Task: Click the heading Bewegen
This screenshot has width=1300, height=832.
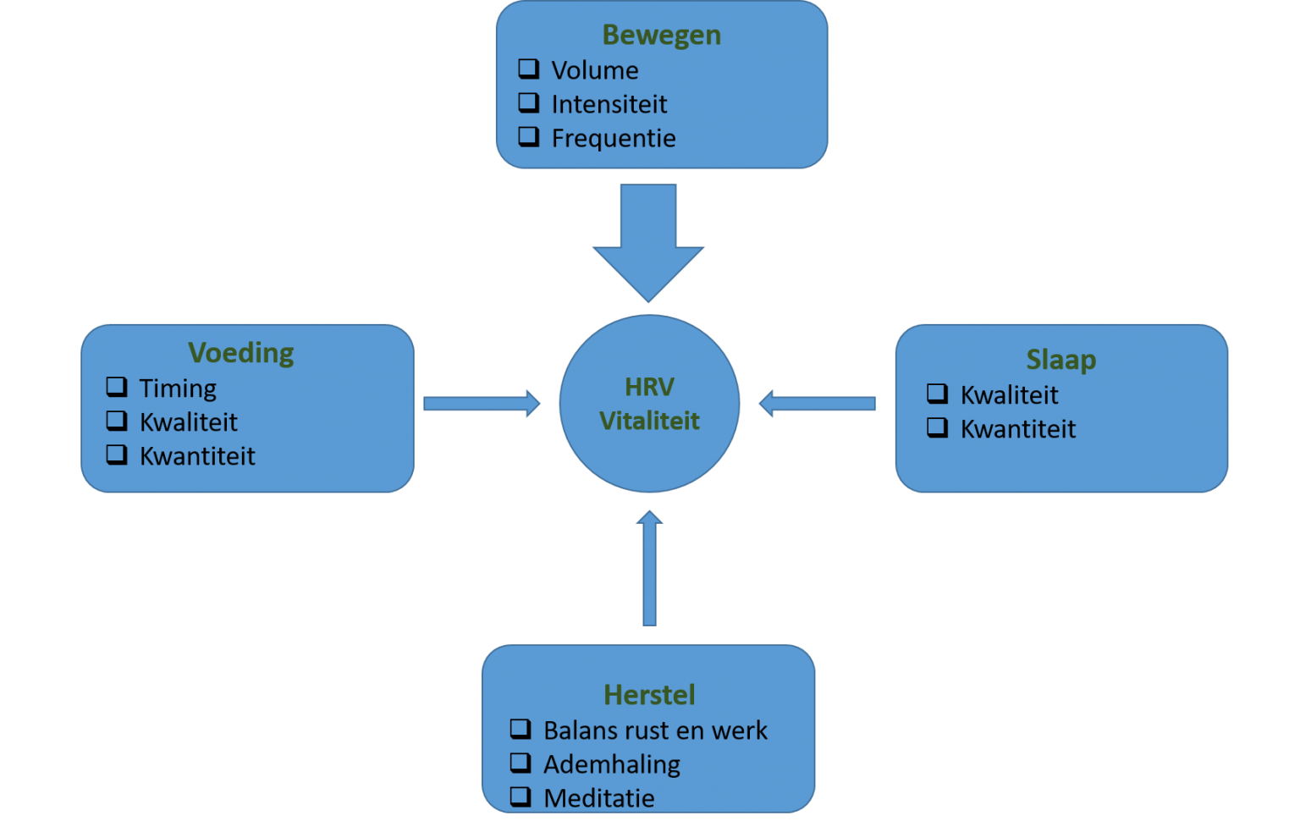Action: [661, 36]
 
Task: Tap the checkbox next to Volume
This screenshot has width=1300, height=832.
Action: [529, 69]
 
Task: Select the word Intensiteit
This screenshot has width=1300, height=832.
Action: [609, 104]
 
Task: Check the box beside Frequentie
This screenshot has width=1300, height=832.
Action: [529, 136]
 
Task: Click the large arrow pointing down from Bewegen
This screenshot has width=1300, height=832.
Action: [648, 241]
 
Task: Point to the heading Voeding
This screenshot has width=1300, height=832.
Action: [241, 352]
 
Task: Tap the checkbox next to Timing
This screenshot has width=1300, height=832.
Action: [117, 387]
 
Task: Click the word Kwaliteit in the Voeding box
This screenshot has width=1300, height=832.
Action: [188, 422]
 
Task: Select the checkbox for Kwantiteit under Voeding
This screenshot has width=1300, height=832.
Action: [117, 455]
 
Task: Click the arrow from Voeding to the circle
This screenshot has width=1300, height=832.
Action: [481, 404]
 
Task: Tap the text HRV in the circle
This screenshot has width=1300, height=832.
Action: [649, 387]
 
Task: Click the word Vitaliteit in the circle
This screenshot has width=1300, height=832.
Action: [649, 421]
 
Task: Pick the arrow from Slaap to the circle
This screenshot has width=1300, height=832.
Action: [817, 404]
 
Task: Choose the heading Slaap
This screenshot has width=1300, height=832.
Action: [1060, 360]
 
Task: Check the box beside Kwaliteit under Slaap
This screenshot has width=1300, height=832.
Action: [937, 394]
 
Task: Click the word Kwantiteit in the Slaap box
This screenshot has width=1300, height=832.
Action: [1017, 429]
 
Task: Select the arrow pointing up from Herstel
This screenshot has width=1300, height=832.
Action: [649, 567]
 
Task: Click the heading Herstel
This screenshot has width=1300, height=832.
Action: [649, 695]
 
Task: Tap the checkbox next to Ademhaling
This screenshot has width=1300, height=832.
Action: [521, 763]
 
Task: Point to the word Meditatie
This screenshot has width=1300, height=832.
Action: [598, 798]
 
